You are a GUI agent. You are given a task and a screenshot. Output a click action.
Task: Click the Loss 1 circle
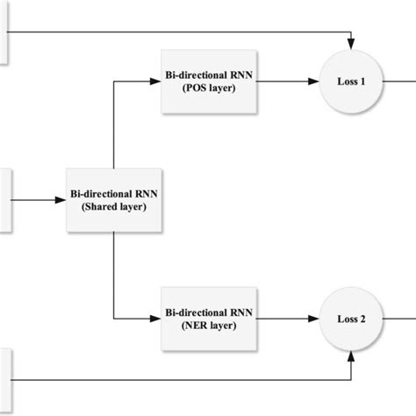click(350, 81)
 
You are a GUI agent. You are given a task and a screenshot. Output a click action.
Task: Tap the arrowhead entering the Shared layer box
click(61, 200)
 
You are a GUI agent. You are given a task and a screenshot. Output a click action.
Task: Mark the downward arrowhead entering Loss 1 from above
click(350, 45)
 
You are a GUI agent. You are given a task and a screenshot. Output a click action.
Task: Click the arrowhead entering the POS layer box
click(155, 82)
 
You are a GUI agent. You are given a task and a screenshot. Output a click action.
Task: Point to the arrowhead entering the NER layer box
click(155, 318)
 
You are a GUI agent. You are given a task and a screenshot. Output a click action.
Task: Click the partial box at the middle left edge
click(4, 200)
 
